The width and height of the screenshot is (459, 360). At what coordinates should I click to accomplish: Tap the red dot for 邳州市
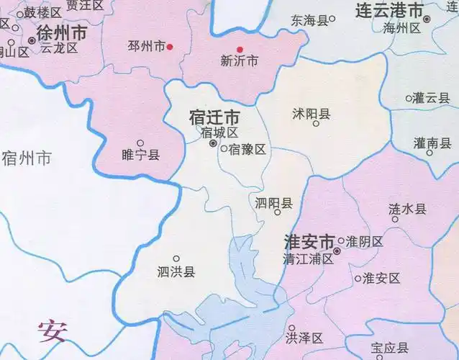(171, 47)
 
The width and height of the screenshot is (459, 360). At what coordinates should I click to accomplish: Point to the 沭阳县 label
(312, 113)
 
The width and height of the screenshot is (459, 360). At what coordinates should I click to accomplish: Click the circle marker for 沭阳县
(316, 124)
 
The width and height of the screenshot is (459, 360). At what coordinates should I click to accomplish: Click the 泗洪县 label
(176, 271)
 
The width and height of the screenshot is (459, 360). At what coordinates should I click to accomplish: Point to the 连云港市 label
(389, 10)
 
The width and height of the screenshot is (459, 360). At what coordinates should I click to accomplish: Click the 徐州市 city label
(61, 33)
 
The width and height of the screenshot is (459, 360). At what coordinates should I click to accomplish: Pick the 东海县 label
(309, 19)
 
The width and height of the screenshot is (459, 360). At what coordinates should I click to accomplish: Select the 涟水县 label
(407, 209)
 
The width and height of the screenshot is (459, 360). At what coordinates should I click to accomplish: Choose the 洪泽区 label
(305, 338)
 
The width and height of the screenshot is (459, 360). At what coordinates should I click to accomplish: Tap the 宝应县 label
(391, 348)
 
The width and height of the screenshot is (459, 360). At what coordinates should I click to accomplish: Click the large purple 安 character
(52, 330)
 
